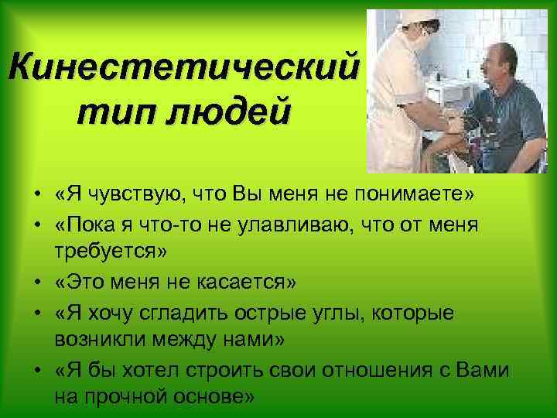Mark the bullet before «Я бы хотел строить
38,370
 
